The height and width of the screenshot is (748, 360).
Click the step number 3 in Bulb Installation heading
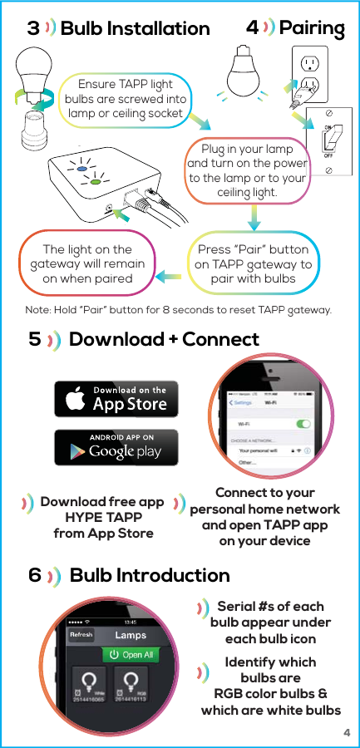[33, 29]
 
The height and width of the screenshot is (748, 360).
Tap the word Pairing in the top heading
[312, 28]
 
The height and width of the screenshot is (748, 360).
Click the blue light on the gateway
[82, 168]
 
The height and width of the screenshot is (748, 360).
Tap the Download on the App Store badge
[111, 399]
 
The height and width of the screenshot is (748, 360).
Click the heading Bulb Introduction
[150, 575]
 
